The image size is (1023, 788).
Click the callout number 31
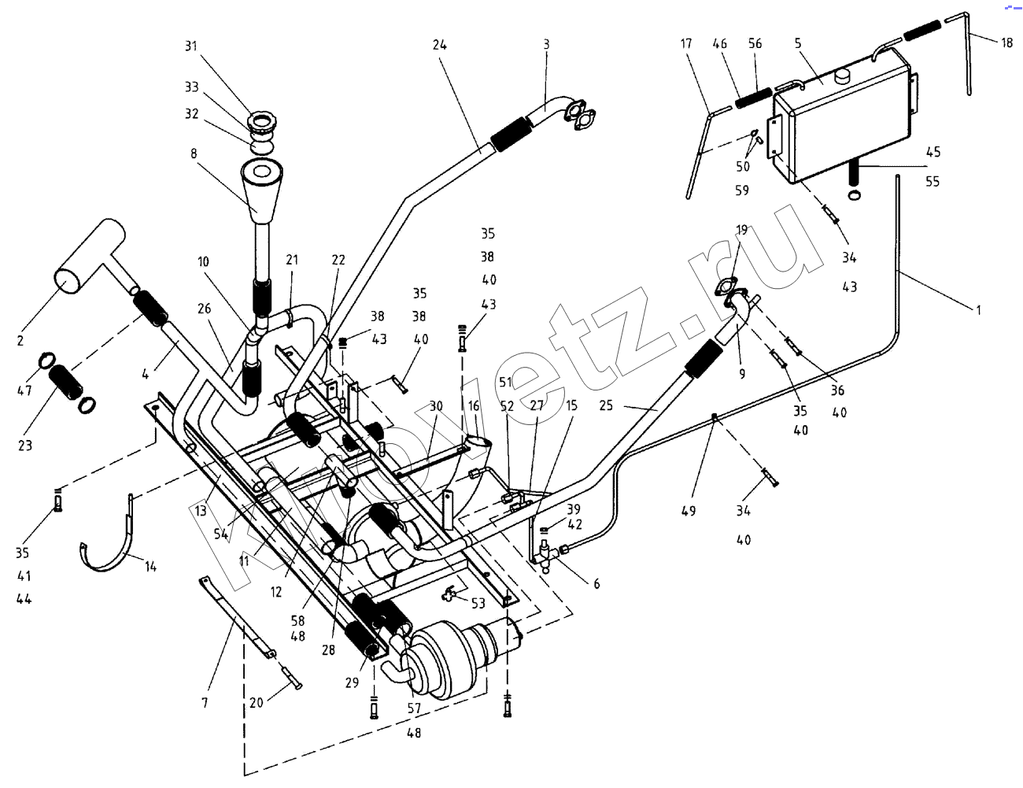click(x=190, y=46)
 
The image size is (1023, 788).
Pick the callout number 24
click(x=439, y=45)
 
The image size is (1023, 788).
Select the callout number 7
click(x=205, y=703)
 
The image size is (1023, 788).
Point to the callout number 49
click(x=689, y=511)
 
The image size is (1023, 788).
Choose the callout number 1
click(x=978, y=310)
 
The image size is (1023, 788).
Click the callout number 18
click(x=1006, y=43)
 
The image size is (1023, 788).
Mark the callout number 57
click(x=414, y=708)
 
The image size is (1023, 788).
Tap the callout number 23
click(x=25, y=446)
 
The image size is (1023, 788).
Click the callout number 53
click(x=478, y=604)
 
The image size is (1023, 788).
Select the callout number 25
click(x=606, y=405)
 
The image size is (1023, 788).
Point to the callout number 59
click(x=742, y=191)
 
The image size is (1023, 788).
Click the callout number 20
click(x=256, y=703)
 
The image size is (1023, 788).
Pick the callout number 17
click(x=686, y=44)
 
